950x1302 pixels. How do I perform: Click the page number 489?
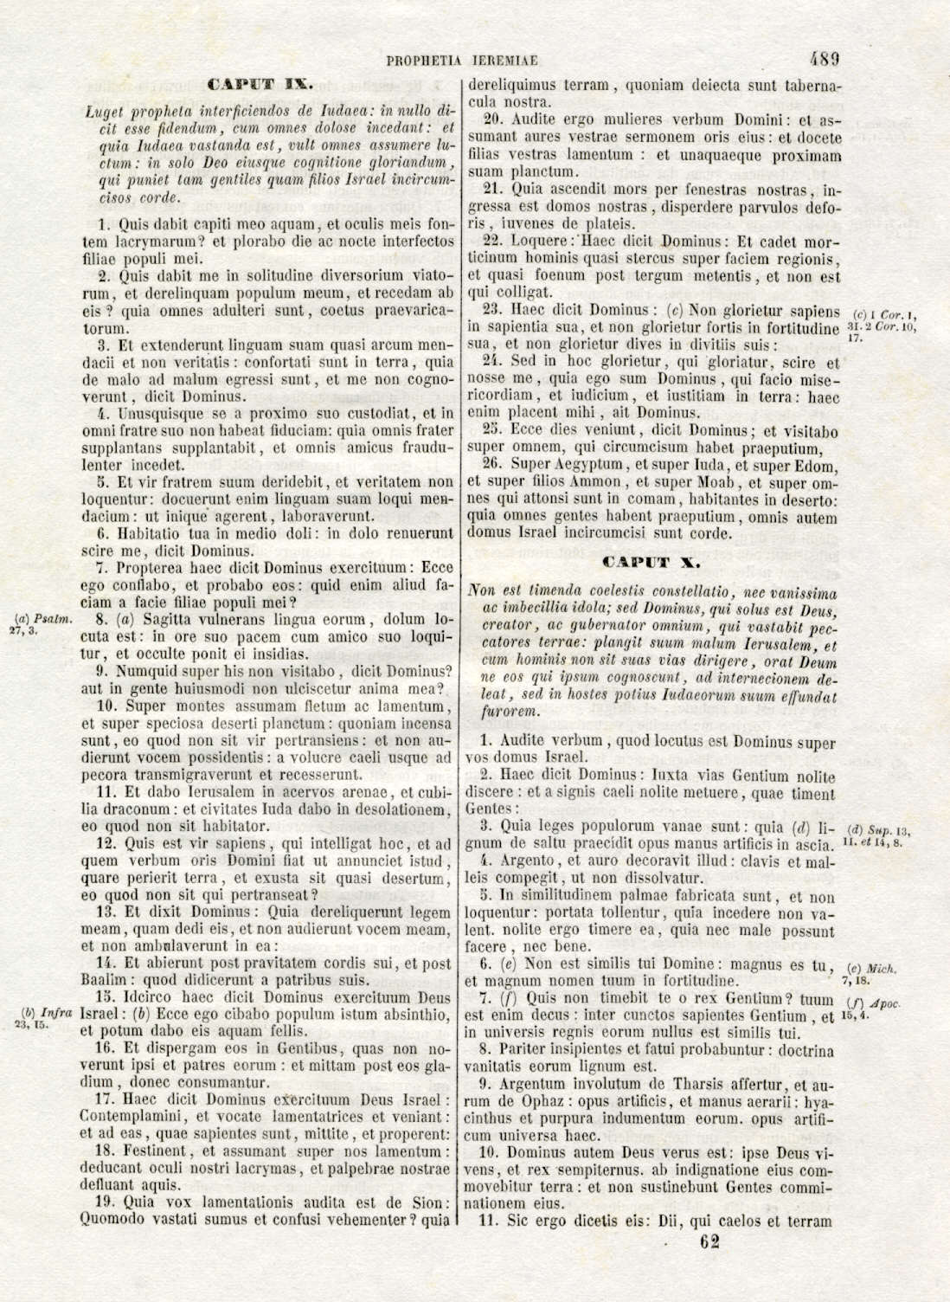point(825,60)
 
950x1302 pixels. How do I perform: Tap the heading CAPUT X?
point(650,563)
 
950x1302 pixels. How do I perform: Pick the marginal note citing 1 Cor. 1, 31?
point(883,320)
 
